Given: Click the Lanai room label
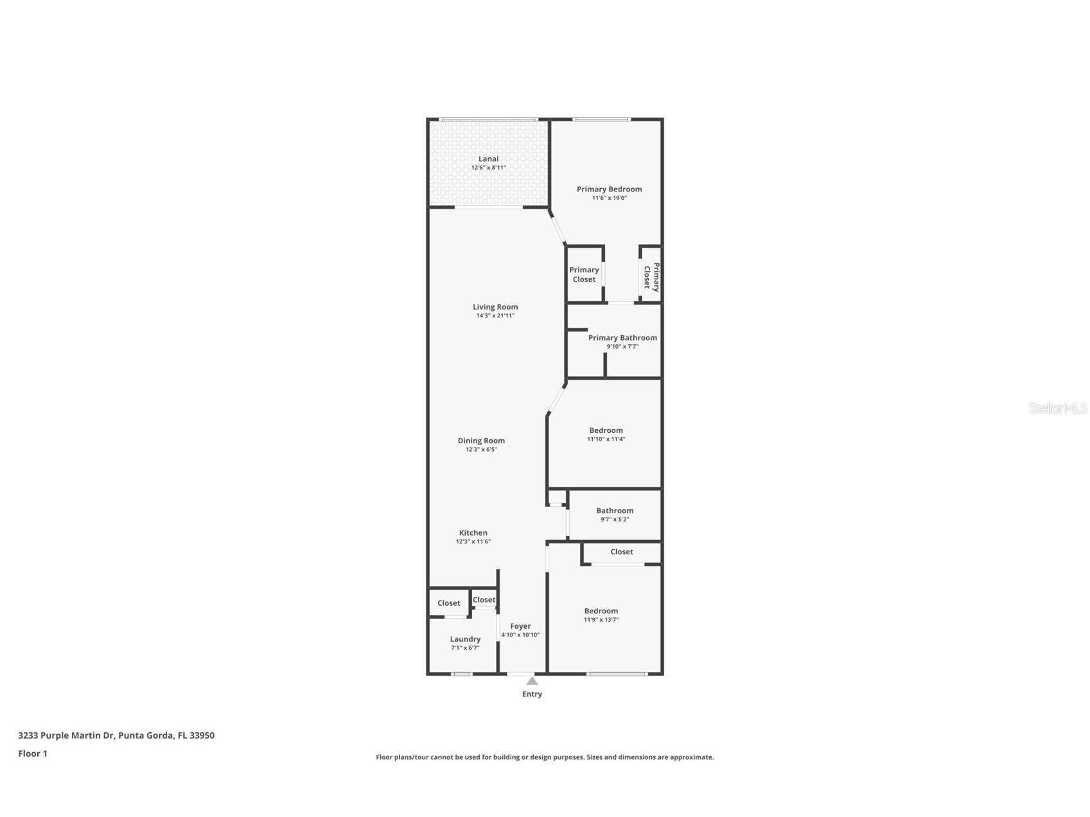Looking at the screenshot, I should [488, 159].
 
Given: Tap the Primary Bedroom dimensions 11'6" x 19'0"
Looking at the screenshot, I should [609, 198].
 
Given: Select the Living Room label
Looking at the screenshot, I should [495, 307].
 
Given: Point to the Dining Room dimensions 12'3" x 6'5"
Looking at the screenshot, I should [481, 450].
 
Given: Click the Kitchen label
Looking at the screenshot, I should [473, 532].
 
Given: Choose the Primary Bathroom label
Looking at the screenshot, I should [622, 338].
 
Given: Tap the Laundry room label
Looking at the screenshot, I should [465, 639].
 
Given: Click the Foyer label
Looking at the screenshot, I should [520, 626].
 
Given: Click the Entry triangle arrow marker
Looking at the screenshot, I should [532, 681].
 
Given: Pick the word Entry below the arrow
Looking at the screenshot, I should [532, 694].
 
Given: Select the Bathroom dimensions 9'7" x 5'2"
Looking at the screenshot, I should [615, 520].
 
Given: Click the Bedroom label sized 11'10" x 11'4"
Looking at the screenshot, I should [606, 430].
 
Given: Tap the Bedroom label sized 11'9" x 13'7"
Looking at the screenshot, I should [601, 611].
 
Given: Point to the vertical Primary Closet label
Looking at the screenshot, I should [651, 277].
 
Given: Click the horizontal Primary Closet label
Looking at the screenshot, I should [584, 275].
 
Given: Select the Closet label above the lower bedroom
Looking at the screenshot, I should [621, 552].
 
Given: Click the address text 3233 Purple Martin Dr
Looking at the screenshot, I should [67, 735].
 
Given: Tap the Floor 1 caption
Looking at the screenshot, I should [33, 753].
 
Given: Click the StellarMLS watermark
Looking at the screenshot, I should [1057, 408].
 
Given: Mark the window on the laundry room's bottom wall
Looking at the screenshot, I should [462, 674].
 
